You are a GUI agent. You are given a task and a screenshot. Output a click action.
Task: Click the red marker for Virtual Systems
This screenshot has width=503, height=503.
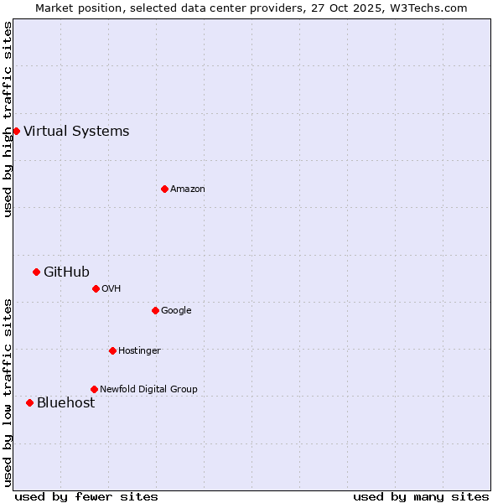(16, 131)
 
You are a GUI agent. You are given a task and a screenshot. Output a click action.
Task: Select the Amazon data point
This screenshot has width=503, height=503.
(164, 189)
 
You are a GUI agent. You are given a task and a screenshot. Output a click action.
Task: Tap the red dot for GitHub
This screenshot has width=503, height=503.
(36, 272)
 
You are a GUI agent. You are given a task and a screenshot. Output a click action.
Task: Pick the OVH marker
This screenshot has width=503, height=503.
(96, 288)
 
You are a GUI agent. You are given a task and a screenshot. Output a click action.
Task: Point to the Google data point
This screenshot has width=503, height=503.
(155, 310)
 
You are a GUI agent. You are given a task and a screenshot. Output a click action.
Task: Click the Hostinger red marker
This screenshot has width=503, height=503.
(112, 350)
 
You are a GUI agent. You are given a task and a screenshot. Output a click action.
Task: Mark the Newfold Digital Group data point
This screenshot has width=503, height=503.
(94, 389)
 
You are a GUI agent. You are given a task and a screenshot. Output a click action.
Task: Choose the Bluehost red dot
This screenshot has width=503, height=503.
(29, 402)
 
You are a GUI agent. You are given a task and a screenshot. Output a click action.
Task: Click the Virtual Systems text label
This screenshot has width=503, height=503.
(76, 131)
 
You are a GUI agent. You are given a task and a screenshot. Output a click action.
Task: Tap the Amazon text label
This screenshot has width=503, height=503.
(188, 189)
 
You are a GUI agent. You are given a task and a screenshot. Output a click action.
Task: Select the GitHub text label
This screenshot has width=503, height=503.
(66, 272)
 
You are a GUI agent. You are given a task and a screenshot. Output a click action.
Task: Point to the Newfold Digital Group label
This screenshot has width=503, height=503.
(148, 389)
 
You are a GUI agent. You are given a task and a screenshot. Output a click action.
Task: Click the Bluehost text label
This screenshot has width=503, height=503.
(65, 402)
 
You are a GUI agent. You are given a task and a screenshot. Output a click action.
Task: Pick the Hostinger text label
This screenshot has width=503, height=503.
(139, 350)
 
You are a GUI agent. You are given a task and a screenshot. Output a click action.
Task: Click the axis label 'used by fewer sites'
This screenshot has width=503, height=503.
(86, 496)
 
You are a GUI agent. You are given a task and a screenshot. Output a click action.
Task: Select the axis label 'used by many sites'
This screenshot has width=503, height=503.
(421, 496)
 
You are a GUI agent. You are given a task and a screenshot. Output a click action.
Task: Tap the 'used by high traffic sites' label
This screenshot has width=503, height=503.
(8, 119)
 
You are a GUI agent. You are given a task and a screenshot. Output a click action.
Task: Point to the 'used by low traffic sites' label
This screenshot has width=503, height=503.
(8, 392)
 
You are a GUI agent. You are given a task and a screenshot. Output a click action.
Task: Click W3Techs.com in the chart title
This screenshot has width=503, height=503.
(432, 8)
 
